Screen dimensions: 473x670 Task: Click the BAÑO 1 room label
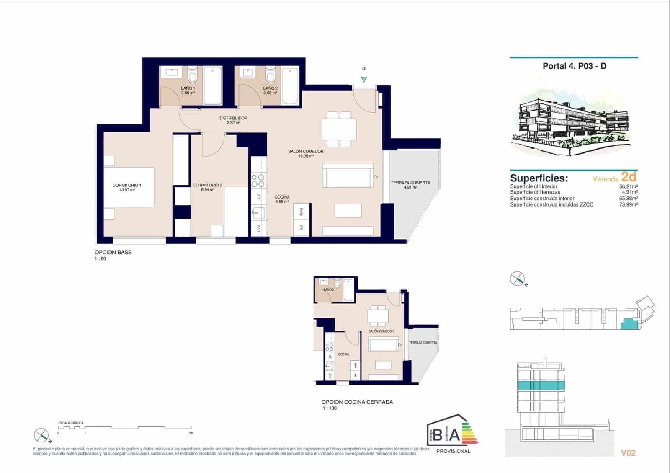[188, 90]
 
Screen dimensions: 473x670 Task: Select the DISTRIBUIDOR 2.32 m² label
[233, 120]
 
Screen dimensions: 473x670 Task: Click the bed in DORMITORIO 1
[129, 187]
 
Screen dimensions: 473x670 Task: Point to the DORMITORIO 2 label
[208, 187]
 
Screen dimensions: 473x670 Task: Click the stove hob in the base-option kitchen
[258, 181]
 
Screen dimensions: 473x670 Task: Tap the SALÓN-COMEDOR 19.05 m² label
[306, 153]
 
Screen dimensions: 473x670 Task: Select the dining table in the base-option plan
[339, 129]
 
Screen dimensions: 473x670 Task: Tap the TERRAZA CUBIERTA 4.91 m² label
[410, 185]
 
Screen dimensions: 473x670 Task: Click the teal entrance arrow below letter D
[364, 80]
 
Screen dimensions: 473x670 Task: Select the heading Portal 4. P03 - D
[575, 66]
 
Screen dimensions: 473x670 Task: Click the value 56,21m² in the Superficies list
[628, 186]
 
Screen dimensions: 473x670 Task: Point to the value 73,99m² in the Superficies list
[628, 204]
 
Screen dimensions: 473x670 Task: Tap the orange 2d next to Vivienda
[629, 177]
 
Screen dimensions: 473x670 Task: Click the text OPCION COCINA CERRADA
[357, 402]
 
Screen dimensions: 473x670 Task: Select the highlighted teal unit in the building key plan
[628, 324]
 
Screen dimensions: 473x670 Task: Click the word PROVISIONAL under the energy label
[453, 451]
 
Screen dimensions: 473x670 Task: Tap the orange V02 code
[628, 452]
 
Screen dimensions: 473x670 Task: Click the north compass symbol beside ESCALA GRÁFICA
[42, 435]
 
